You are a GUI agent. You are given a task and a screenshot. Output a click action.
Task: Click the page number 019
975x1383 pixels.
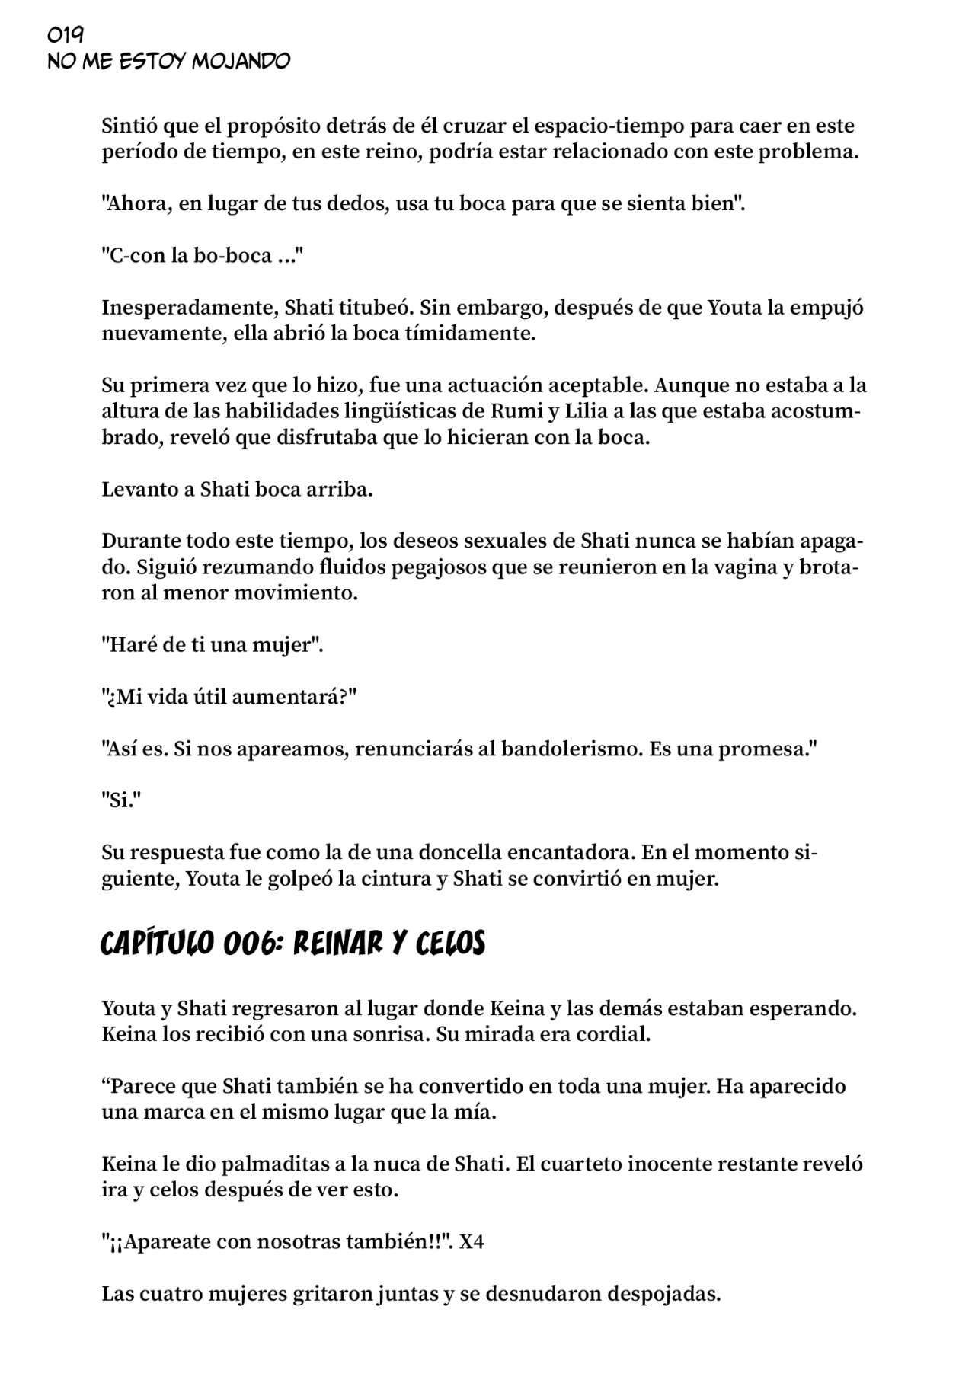coord(66,35)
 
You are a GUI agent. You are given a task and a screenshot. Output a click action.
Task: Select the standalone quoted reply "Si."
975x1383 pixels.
coord(122,800)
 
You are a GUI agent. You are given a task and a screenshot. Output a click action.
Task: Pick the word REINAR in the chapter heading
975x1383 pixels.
coord(338,944)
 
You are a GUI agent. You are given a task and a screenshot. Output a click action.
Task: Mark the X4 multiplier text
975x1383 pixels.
coord(472,1241)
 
